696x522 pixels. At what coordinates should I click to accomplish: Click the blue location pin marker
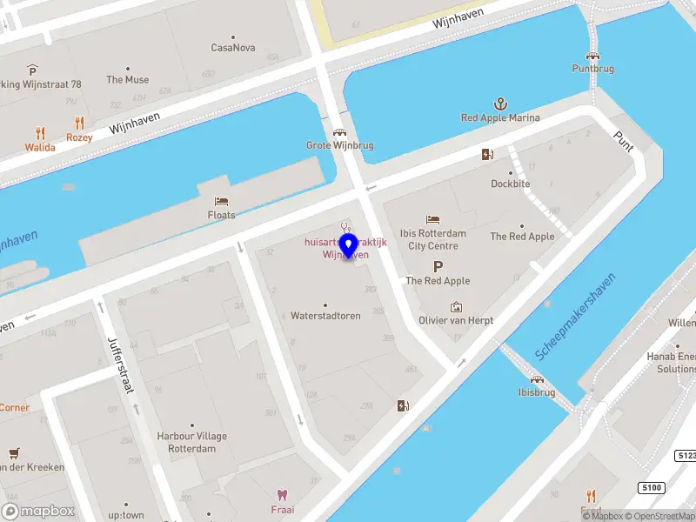[349, 247]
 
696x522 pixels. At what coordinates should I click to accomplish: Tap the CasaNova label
[233, 48]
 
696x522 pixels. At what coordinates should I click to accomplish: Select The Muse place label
[128, 80]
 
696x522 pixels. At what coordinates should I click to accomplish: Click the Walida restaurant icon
[40, 133]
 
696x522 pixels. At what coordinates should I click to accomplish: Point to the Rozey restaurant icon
[79, 123]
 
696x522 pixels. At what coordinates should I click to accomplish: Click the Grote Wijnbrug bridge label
[339, 145]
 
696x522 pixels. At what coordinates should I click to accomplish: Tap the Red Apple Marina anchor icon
[500, 104]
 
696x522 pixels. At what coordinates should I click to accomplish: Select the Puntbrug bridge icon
[592, 55]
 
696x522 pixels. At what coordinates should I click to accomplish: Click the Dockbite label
[510, 184]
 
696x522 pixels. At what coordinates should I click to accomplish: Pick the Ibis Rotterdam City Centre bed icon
[432, 219]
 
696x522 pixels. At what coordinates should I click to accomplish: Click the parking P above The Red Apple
[438, 267]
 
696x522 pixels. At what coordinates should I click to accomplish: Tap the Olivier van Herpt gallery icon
[456, 307]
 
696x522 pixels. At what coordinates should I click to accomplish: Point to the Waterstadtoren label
[325, 316]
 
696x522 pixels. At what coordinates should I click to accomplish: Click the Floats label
[221, 215]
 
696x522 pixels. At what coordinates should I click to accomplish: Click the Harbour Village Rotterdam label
[192, 442]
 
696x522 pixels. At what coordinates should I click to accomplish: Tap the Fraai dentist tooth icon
[281, 493]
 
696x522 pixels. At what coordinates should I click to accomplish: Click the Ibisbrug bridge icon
[537, 379]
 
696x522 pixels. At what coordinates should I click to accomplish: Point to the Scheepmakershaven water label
[576, 316]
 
